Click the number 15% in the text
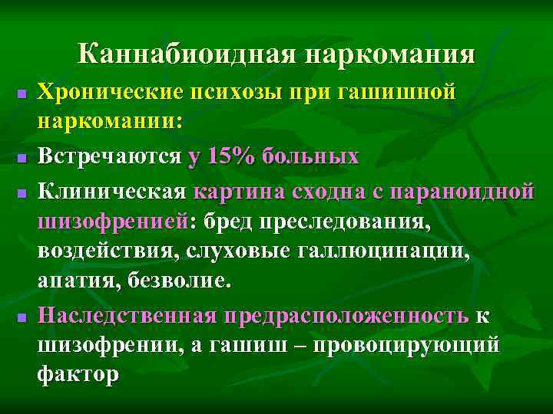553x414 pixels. pyautogui.click(x=231, y=156)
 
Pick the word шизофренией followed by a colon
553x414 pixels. pyautogui.click(x=116, y=221)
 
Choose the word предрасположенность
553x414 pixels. pyautogui.click(x=345, y=315)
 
